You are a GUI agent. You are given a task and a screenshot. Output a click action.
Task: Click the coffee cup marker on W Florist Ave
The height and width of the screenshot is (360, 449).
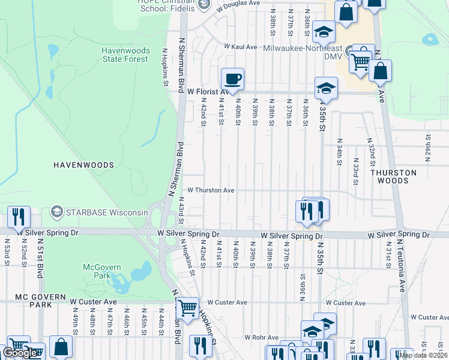pos(232,79)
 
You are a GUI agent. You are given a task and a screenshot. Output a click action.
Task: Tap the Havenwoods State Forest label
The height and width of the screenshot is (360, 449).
pos(125,55)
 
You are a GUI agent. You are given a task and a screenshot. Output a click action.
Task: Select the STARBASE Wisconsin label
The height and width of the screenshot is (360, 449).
pos(107,212)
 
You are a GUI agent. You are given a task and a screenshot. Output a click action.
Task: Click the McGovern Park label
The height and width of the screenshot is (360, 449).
pos(102,271)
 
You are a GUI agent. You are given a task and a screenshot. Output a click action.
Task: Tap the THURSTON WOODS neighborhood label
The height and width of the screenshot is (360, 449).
pos(393,176)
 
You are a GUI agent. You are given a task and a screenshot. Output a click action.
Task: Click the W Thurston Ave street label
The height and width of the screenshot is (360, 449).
pos(211,190)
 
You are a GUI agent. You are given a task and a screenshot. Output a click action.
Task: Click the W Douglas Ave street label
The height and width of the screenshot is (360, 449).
pos(238,3)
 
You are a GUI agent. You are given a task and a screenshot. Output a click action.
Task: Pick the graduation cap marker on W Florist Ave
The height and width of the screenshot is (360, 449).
pos(326,88)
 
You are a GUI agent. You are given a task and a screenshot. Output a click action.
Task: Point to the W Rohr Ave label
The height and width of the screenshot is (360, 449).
pos(262,338)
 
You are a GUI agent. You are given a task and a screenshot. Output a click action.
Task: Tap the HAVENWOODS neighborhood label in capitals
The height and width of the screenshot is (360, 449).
pos(83,164)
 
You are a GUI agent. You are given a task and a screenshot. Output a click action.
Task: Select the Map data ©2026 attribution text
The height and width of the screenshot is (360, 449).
pos(423,355)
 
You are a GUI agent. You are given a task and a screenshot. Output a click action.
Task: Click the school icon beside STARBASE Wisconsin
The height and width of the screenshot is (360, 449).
pos(57,211)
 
